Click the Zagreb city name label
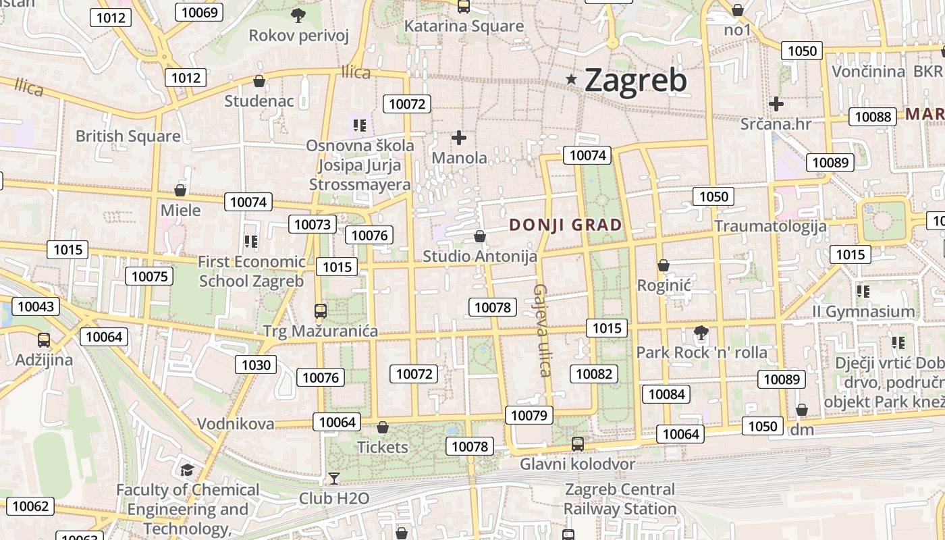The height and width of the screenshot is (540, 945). click(x=635, y=80)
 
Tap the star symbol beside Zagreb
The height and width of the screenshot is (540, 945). click(x=572, y=80)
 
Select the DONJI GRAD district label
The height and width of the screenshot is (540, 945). click(x=566, y=225)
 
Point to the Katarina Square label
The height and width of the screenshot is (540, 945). click(x=464, y=26)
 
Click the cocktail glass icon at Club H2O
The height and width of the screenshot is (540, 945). click(x=333, y=479)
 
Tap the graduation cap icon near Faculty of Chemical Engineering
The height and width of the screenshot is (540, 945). click(x=187, y=469)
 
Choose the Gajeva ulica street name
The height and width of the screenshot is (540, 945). click(x=543, y=329)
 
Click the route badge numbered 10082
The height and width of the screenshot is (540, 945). click(x=594, y=374)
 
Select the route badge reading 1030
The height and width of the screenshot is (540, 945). click(x=256, y=365)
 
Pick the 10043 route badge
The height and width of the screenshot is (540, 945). click(x=35, y=306)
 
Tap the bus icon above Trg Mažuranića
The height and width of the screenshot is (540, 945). click(x=321, y=311)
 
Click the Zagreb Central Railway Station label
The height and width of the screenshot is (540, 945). click(x=620, y=499)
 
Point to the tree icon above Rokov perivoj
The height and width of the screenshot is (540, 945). click(x=298, y=15)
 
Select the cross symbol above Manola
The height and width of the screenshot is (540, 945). click(x=459, y=138)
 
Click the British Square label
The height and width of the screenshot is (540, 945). click(x=128, y=136)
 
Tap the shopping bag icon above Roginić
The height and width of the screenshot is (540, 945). click(x=664, y=265)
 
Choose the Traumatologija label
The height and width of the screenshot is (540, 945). click(x=770, y=225)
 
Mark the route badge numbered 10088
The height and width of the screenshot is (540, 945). click(x=873, y=117)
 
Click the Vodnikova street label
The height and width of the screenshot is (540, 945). click(x=236, y=424)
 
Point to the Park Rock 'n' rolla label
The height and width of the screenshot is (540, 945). click(x=701, y=352)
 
